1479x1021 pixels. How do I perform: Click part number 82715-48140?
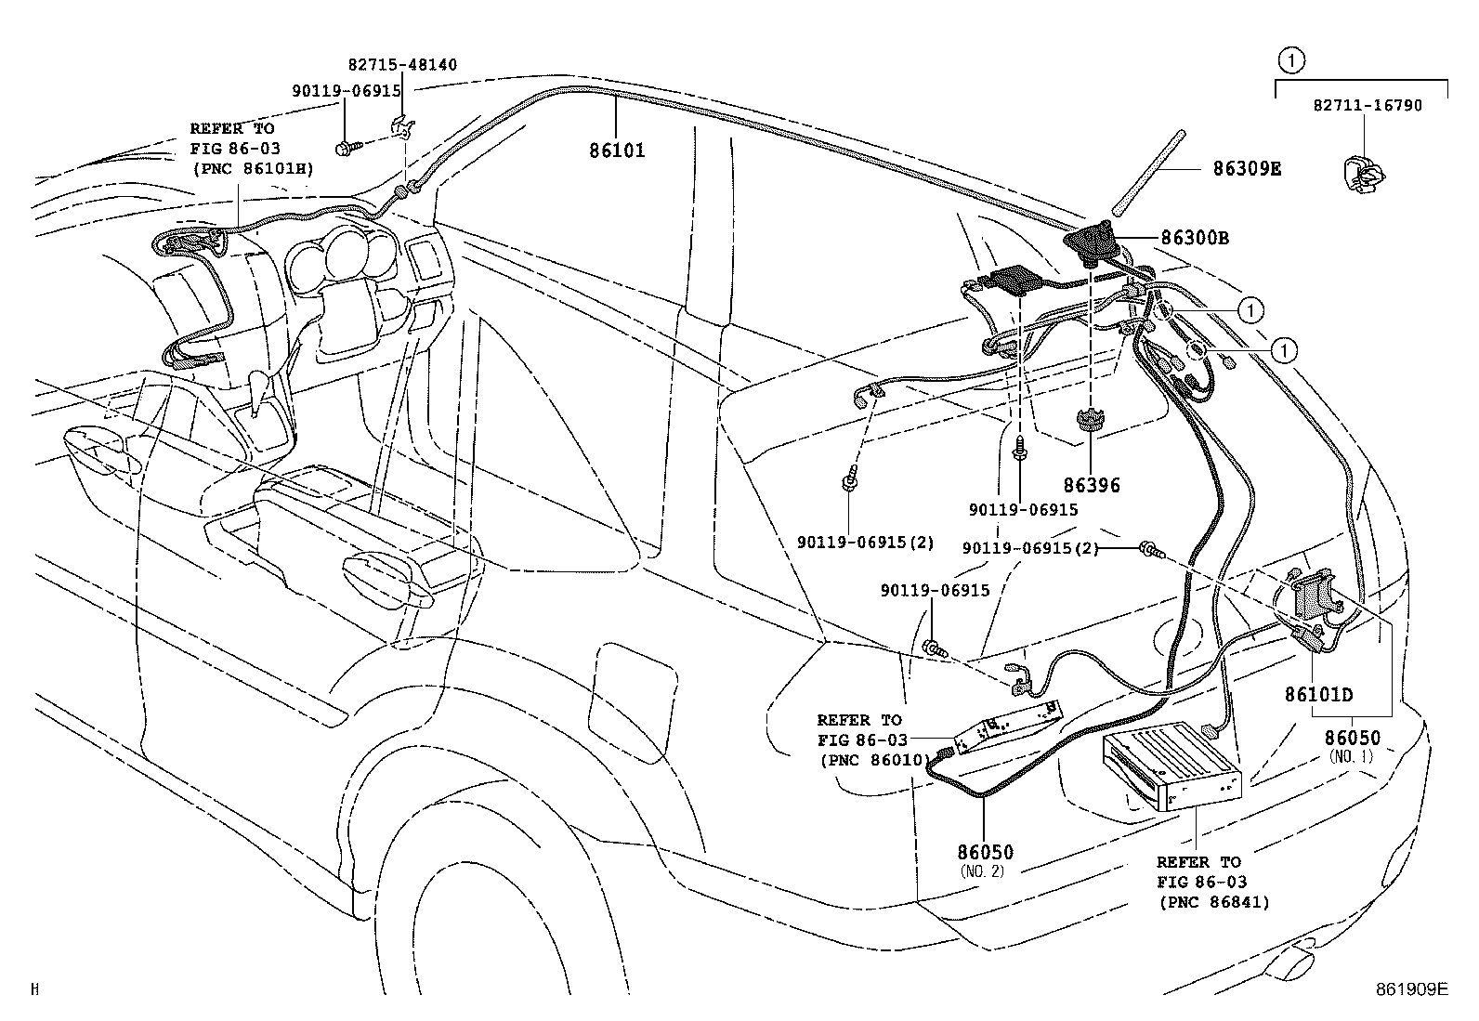point(402,65)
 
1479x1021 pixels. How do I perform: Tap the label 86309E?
point(1246,168)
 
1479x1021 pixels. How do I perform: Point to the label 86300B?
point(1194,238)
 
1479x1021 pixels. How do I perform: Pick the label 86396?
point(1092,485)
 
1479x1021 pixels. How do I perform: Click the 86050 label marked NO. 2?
point(985,852)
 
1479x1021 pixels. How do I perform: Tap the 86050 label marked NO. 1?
point(1352,738)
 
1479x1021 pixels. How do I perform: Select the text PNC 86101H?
point(252,168)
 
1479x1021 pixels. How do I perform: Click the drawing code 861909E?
point(1411,989)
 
